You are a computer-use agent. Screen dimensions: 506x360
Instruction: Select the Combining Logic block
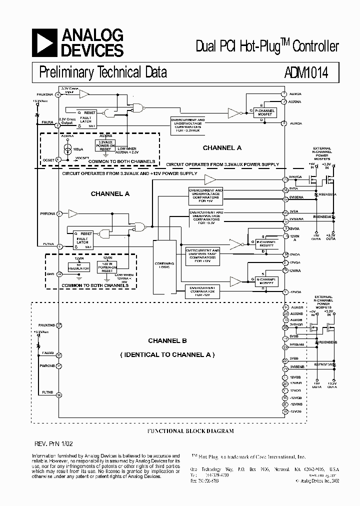pos(164,265)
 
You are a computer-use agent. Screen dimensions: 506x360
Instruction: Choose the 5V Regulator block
pos(79,266)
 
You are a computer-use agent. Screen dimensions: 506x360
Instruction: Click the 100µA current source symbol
pos(68,148)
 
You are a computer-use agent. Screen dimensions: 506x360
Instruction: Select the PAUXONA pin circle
pos(58,94)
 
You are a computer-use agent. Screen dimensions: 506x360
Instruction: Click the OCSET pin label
pos(49,159)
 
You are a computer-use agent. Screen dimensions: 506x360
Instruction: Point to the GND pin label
pos(50,273)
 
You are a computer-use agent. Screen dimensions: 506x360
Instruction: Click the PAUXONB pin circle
pos(59,325)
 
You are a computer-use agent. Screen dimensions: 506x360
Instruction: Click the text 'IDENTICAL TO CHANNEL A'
pos(167,354)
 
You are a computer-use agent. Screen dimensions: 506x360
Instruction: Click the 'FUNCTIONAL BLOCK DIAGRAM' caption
pos(189,430)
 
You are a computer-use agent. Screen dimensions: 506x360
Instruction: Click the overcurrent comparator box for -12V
pos(202,290)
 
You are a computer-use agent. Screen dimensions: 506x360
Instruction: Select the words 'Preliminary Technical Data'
pos(103,72)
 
